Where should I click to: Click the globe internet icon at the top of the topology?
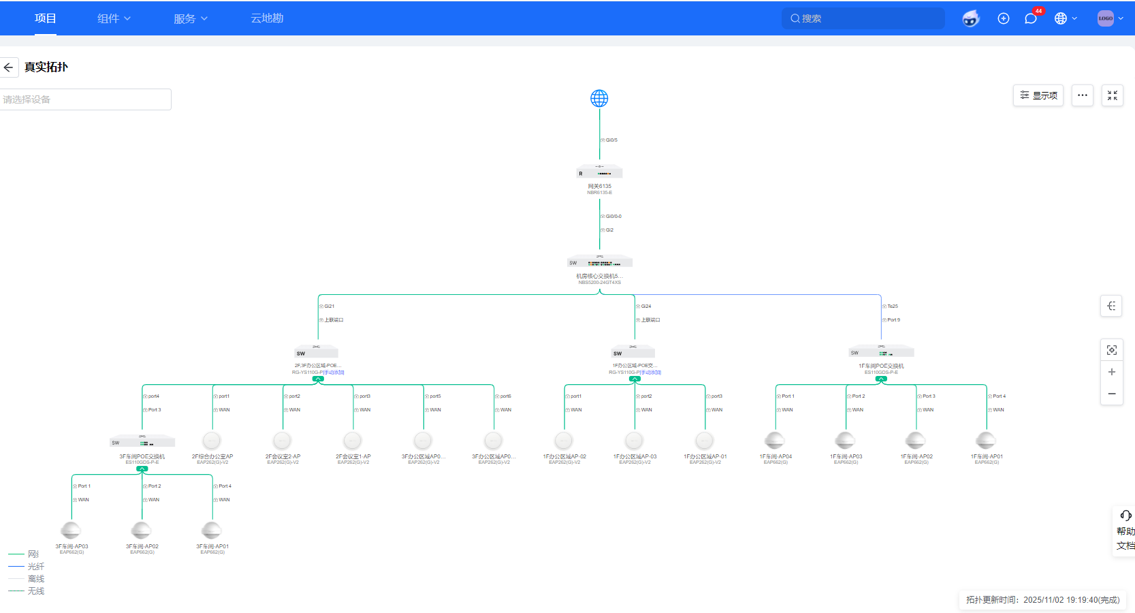599,99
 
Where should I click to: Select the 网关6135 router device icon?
599,172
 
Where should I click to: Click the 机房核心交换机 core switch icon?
600,262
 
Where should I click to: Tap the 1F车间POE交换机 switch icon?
881,352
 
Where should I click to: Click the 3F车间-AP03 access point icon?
71,531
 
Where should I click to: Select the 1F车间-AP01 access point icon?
986,441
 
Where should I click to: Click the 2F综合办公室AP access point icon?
212,441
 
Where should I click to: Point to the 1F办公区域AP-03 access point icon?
635,441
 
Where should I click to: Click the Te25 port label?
892,306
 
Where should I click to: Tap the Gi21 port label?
329,306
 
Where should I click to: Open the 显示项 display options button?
1038,95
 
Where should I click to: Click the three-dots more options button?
1083,95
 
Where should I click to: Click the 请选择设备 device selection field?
85,99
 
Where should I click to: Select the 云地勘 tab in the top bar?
267,18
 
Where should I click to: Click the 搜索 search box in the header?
863,18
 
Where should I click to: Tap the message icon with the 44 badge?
1031,18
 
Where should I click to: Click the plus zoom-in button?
1112,372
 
